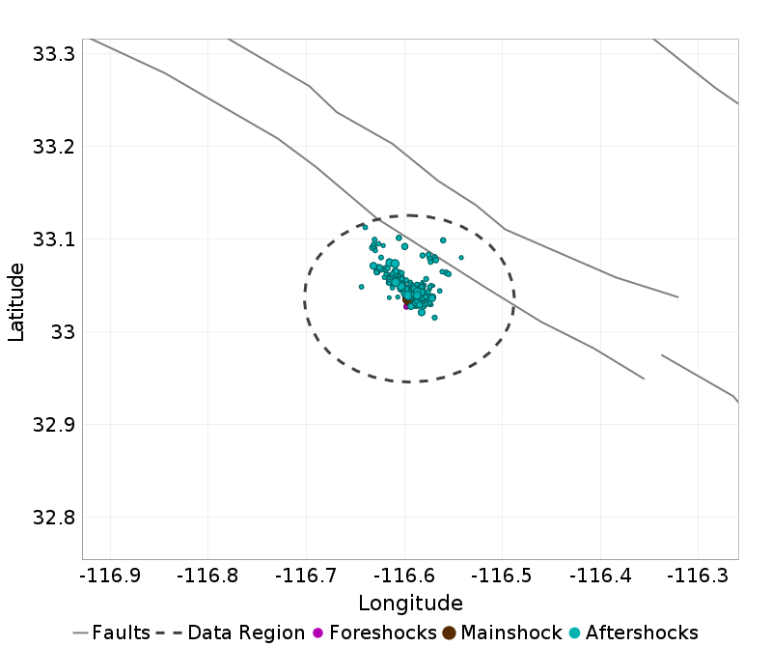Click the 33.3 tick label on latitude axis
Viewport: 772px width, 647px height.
click(x=53, y=54)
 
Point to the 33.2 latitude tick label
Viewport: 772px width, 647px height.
click(x=53, y=147)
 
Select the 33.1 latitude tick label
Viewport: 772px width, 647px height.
click(x=53, y=239)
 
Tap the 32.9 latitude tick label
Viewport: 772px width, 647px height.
click(x=53, y=424)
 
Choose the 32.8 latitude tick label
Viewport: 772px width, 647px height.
click(x=53, y=517)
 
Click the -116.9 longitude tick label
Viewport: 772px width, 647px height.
click(x=111, y=576)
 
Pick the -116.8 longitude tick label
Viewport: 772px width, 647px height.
click(x=208, y=576)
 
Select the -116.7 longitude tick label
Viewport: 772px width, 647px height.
click(x=306, y=576)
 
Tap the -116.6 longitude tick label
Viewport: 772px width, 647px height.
click(x=404, y=576)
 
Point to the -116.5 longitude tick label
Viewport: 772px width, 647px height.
click(x=502, y=576)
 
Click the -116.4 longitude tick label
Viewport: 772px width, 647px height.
click(x=600, y=576)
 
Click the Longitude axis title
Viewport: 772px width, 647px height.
click(x=410, y=604)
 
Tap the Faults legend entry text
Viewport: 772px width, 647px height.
click(x=122, y=633)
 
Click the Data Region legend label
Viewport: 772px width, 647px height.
click(x=246, y=633)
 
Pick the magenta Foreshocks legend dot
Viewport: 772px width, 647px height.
click(x=317, y=633)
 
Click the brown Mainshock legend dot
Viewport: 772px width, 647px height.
click(x=450, y=633)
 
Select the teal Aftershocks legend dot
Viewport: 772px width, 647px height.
click(x=574, y=633)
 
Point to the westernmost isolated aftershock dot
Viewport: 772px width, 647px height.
click(x=361, y=287)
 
